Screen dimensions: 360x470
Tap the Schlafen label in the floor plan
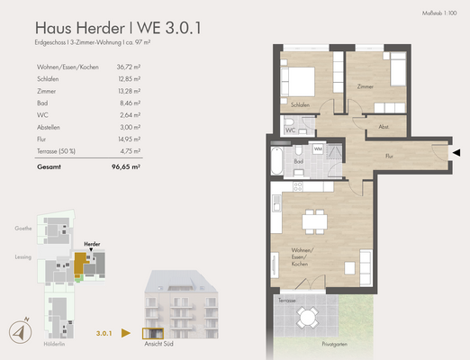coord(301,105)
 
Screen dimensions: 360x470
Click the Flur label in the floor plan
coord(389,155)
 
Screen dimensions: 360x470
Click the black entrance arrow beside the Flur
coord(458,152)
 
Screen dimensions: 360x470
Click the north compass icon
coord(19,330)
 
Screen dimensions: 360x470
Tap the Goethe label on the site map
coord(23,229)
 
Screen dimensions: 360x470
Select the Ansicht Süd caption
coord(158,343)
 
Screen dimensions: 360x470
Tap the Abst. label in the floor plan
coord(384,127)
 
